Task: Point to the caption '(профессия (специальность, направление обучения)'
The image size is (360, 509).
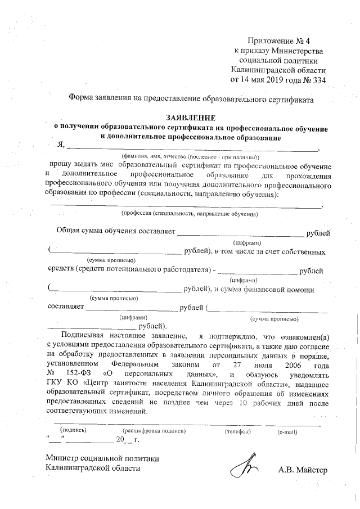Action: coord(186,214)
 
